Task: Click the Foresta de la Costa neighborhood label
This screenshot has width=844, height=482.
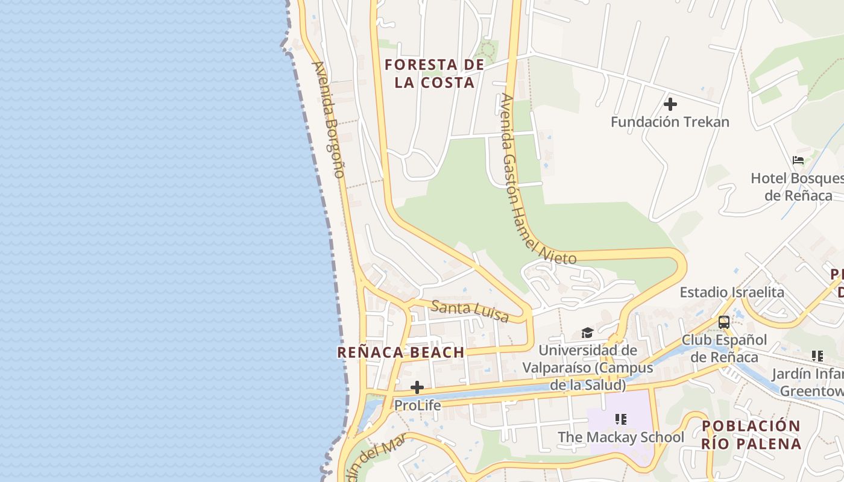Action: pyautogui.click(x=434, y=74)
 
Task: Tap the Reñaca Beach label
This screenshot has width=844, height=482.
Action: pyautogui.click(x=401, y=352)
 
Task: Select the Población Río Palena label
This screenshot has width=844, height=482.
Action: pyautogui.click(x=751, y=434)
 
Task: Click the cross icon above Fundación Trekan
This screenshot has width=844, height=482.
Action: pyautogui.click(x=670, y=104)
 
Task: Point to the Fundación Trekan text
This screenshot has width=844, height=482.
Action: pyautogui.click(x=670, y=122)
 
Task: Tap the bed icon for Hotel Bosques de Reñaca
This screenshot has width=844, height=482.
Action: pyautogui.click(x=798, y=160)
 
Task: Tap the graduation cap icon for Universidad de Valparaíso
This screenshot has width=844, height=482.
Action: pyautogui.click(x=587, y=333)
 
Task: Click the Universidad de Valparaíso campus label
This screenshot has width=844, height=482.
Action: pyautogui.click(x=588, y=367)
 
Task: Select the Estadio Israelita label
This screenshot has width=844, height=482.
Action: pyautogui.click(x=732, y=292)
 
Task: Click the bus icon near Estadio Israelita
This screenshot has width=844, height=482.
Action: pyautogui.click(x=724, y=322)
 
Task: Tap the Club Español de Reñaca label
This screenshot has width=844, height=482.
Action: pyautogui.click(x=724, y=348)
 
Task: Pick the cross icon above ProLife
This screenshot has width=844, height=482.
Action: pyautogui.click(x=417, y=387)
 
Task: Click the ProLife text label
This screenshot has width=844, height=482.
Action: pyautogui.click(x=417, y=405)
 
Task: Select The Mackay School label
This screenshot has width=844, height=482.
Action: pyautogui.click(x=621, y=437)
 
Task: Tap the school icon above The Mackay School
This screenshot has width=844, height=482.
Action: pyautogui.click(x=621, y=419)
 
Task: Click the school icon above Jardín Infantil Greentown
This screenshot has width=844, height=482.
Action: pyautogui.click(x=817, y=356)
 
